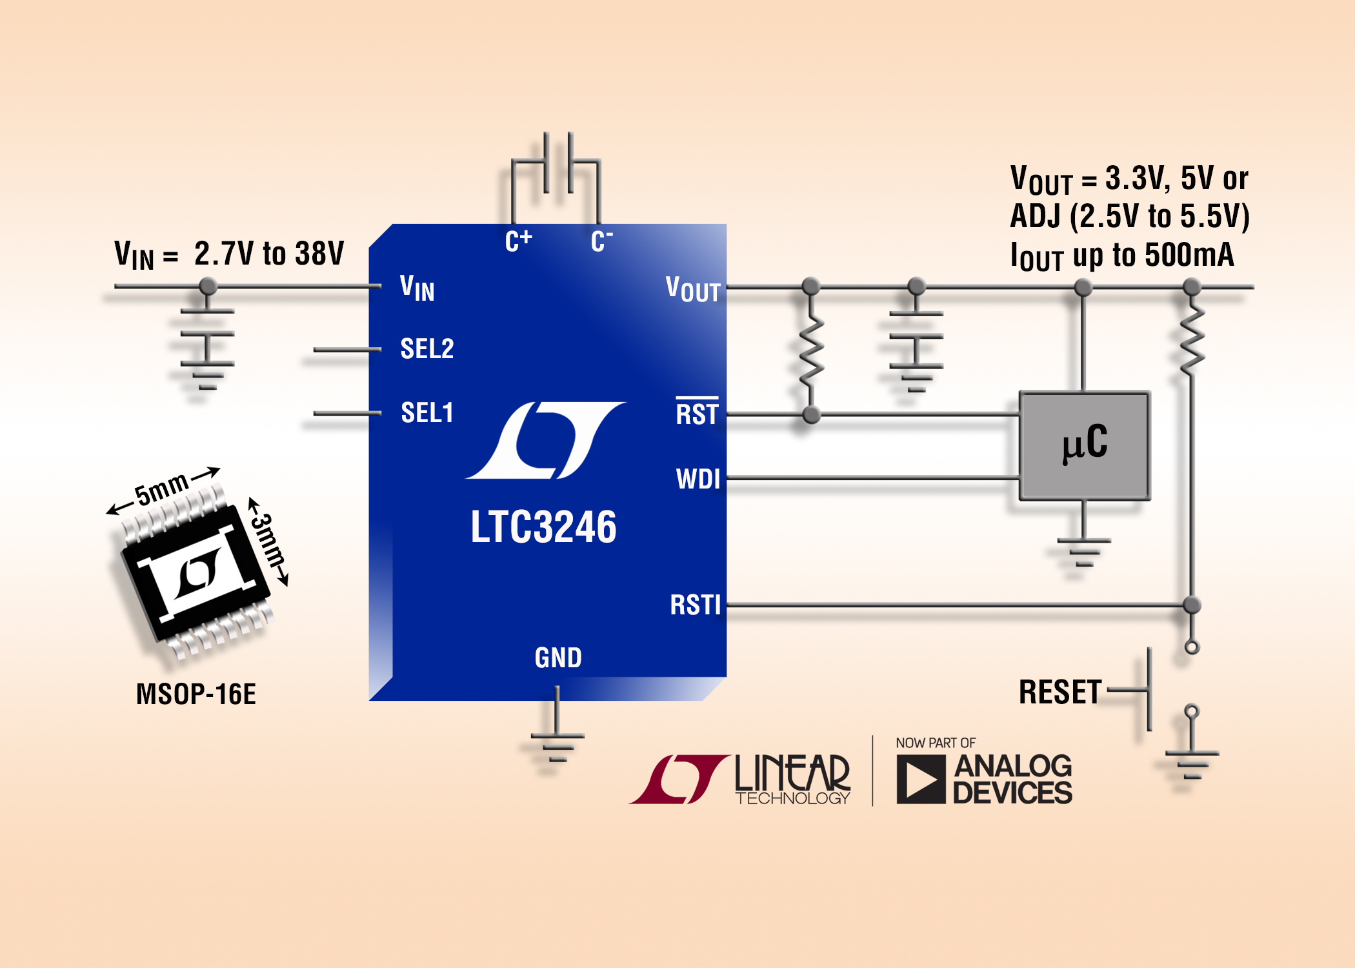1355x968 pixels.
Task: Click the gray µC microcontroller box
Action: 1084,445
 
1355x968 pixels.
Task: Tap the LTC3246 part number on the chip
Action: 543,527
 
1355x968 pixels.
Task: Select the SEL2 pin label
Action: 427,349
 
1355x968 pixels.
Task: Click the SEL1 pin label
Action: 427,413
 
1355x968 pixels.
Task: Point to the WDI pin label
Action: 698,479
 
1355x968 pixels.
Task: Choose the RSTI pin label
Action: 695,605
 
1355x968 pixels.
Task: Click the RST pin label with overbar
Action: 697,414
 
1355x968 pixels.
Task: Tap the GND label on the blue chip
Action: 558,658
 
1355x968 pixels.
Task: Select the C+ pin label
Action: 518,241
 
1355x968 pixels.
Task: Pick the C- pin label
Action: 601,241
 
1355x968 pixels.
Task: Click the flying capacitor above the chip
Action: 557,163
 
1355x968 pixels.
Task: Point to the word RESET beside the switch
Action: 1060,692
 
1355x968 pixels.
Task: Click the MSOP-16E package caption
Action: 196,694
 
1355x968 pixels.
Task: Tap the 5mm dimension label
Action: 161,489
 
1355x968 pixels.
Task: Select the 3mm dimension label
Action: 268,541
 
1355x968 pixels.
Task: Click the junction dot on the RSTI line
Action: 1192,605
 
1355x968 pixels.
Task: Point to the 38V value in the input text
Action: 319,254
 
